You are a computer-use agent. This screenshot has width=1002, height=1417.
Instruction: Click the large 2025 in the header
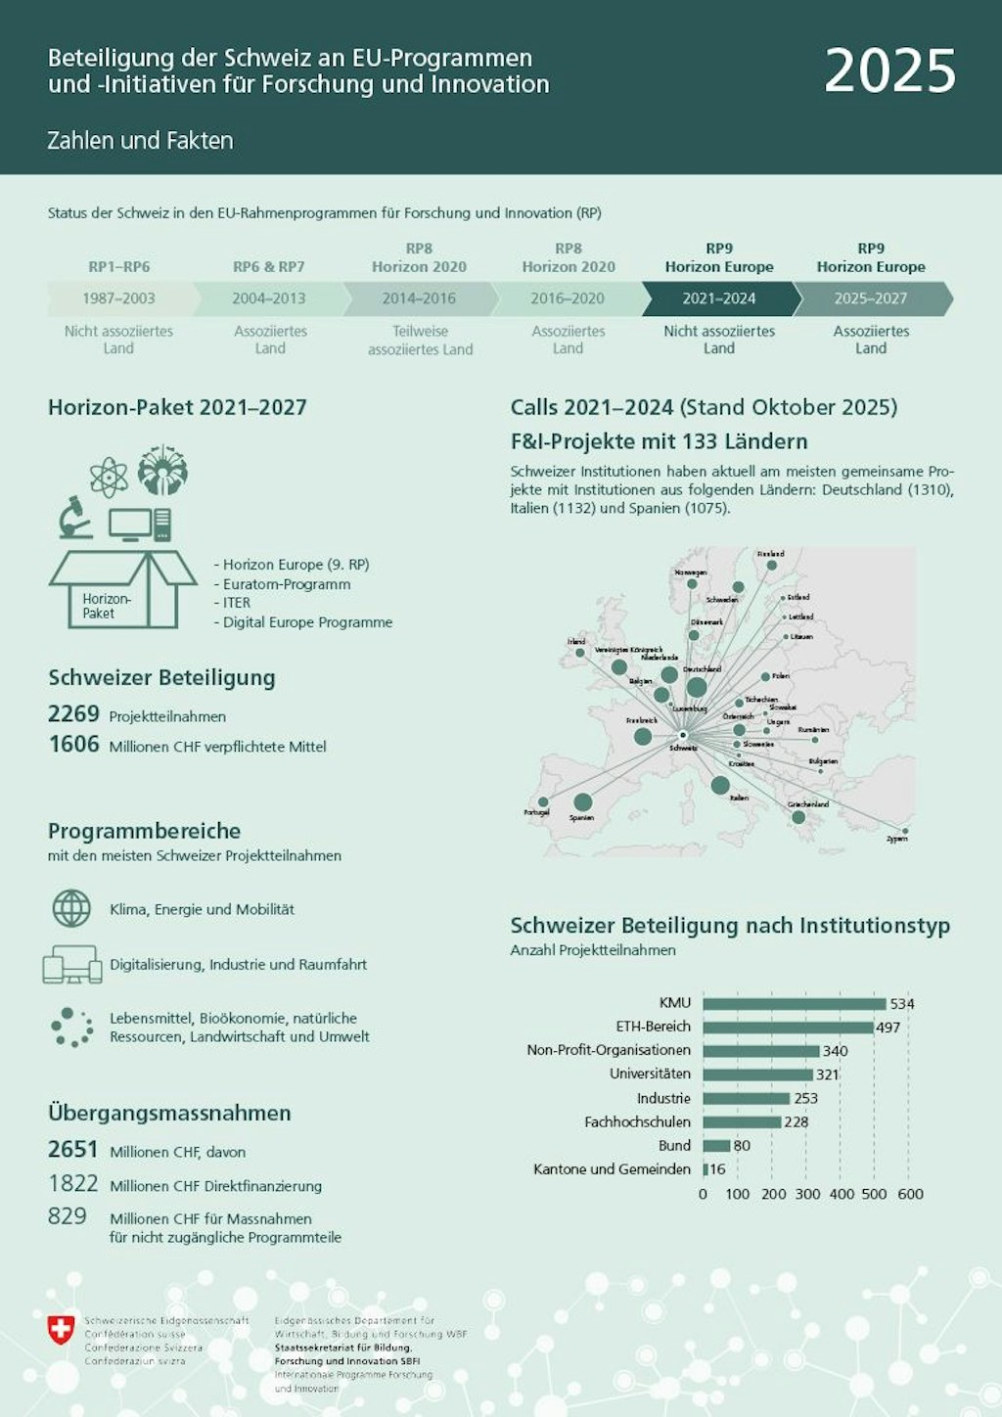pyautogui.click(x=889, y=71)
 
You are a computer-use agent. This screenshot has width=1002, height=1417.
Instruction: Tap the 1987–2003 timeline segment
pyautogui.click(x=118, y=298)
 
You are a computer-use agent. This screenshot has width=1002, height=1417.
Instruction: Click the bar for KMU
pyautogui.click(x=794, y=1004)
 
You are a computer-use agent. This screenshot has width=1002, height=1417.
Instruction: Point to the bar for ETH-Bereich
pyautogui.click(x=788, y=1028)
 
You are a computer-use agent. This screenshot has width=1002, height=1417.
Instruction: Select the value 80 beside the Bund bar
pyautogui.click(x=743, y=1146)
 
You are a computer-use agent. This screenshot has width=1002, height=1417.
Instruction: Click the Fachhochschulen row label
pyautogui.click(x=637, y=1122)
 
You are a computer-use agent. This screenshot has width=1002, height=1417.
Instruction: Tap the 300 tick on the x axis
pyautogui.click(x=807, y=1194)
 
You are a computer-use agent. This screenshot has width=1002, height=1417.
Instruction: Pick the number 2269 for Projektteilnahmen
pyautogui.click(x=74, y=714)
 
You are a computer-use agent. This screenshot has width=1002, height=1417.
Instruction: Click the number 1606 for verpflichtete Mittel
pyautogui.click(x=74, y=745)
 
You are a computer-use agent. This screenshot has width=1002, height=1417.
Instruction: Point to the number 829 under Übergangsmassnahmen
pyautogui.click(x=68, y=1216)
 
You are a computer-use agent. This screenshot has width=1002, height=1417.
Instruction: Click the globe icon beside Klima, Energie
pyautogui.click(x=71, y=908)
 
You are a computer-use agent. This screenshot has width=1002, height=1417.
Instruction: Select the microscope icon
pyautogui.click(x=74, y=518)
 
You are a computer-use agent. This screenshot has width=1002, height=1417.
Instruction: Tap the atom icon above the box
pyautogui.click(x=109, y=478)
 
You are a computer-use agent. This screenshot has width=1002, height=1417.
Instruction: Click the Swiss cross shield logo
pyautogui.click(x=61, y=1329)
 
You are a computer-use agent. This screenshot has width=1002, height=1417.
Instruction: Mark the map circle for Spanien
pyautogui.click(x=583, y=803)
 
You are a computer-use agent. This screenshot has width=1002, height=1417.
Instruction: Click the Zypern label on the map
pyautogui.click(x=896, y=839)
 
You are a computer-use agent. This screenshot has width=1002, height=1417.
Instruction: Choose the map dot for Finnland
pyautogui.click(x=772, y=565)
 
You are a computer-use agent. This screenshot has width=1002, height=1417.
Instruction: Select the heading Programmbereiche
pyautogui.click(x=144, y=831)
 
